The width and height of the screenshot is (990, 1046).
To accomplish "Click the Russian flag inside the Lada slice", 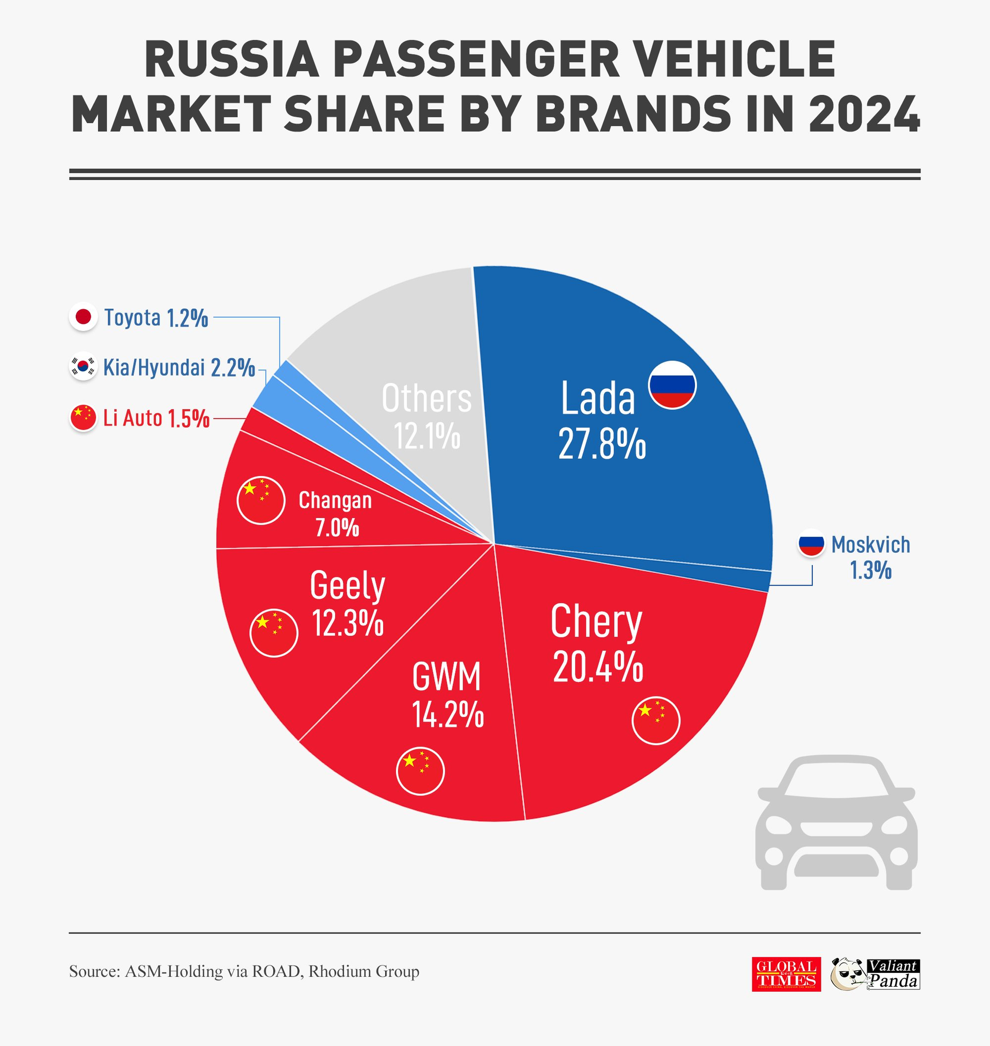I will [672, 385].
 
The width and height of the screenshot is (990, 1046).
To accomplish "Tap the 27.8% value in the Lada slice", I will [602, 444].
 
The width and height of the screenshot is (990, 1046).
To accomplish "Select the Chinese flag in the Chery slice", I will [655, 721].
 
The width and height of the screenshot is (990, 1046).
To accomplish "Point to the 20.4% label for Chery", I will [598, 667].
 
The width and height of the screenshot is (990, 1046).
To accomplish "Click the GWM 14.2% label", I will [447, 695].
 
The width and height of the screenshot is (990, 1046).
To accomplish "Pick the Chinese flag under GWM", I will [420, 771].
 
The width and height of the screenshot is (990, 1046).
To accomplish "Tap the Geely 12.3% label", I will [347, 603].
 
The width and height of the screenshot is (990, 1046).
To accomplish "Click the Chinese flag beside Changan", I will [261, 500].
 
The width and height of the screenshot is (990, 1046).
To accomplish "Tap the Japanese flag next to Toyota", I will [84, 317].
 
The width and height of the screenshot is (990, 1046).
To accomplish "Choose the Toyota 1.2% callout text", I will [156, 318].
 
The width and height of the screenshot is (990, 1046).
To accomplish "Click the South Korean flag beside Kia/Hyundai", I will [84, 366].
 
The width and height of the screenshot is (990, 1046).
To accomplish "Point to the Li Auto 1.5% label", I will [156, 418].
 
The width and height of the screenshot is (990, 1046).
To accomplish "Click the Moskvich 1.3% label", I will [870, 557].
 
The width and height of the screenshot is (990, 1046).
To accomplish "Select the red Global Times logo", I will [786, 974].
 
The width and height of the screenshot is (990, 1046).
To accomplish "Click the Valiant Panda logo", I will [875, 974].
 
